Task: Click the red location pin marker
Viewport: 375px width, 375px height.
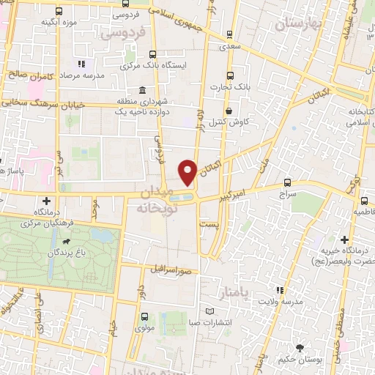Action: [x=187, y=171]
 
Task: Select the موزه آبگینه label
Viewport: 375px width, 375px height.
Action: [x=60, y=21]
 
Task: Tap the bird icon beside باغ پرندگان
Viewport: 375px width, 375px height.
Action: [x=67, y=241]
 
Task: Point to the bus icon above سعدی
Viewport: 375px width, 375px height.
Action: [x=231, y=33]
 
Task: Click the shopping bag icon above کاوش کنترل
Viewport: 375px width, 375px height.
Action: [x=230, y=111]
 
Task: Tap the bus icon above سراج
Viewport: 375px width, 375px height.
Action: [x=287, y=182]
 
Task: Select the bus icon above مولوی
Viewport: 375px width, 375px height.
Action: [x=144, y=316]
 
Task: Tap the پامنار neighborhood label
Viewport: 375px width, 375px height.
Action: [x=234, y=293]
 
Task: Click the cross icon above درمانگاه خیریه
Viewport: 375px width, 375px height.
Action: [x=345, y=240]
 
